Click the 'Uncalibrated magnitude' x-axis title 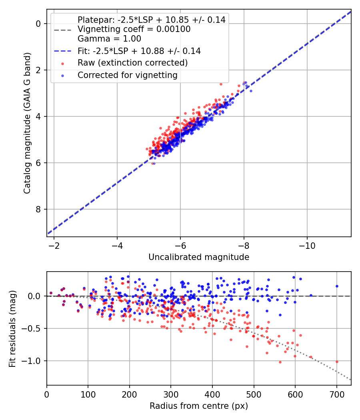(x=199, y=257)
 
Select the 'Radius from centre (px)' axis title (x=199, y=406)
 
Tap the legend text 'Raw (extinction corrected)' (x=132, y=63)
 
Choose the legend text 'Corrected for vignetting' (x=127, y=75)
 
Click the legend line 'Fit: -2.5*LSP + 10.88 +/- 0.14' (x=139, y=51)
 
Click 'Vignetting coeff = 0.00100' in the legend (x=134, y=29)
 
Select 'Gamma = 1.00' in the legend (x=109, y=39)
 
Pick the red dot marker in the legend (x=62, y=63)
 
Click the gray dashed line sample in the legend (x=62, y=30)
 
